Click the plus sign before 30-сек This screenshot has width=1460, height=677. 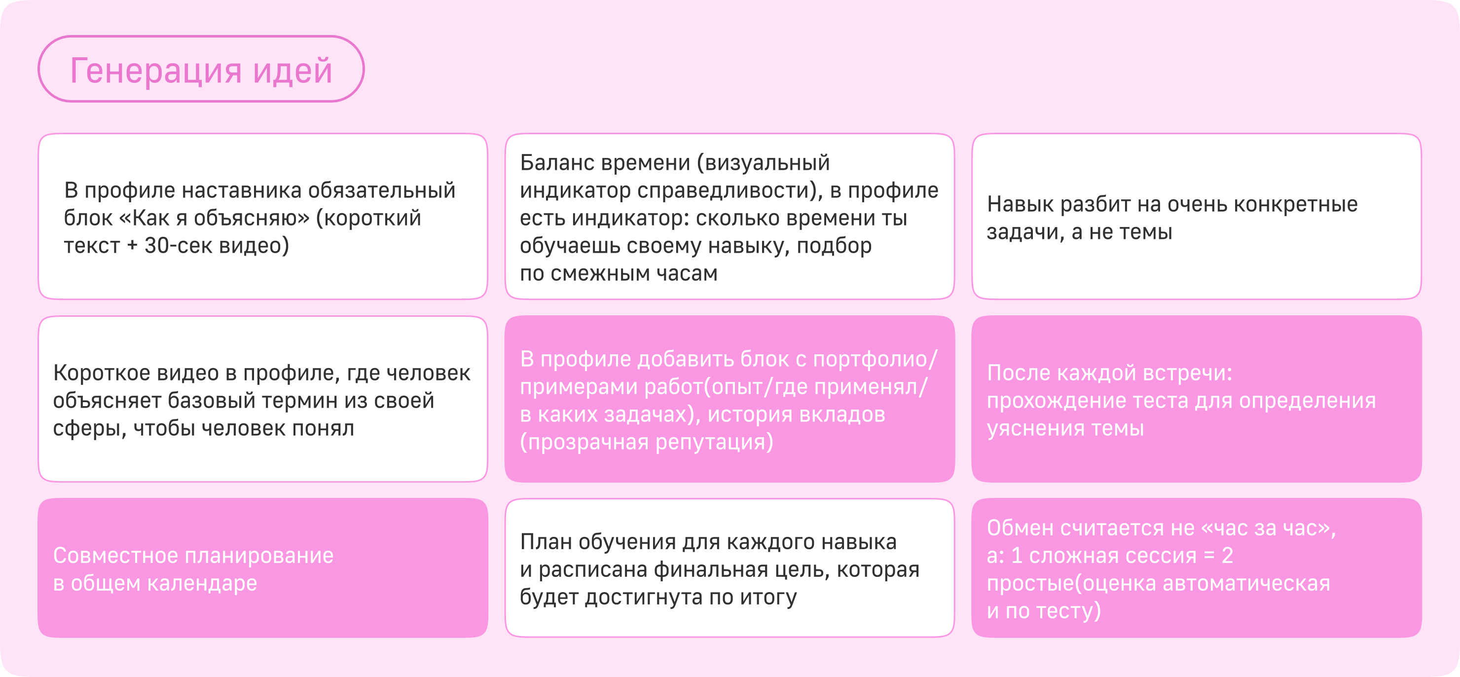(132, 246)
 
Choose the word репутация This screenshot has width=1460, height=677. (710, 442)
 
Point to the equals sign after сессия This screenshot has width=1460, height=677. (1209, 556)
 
